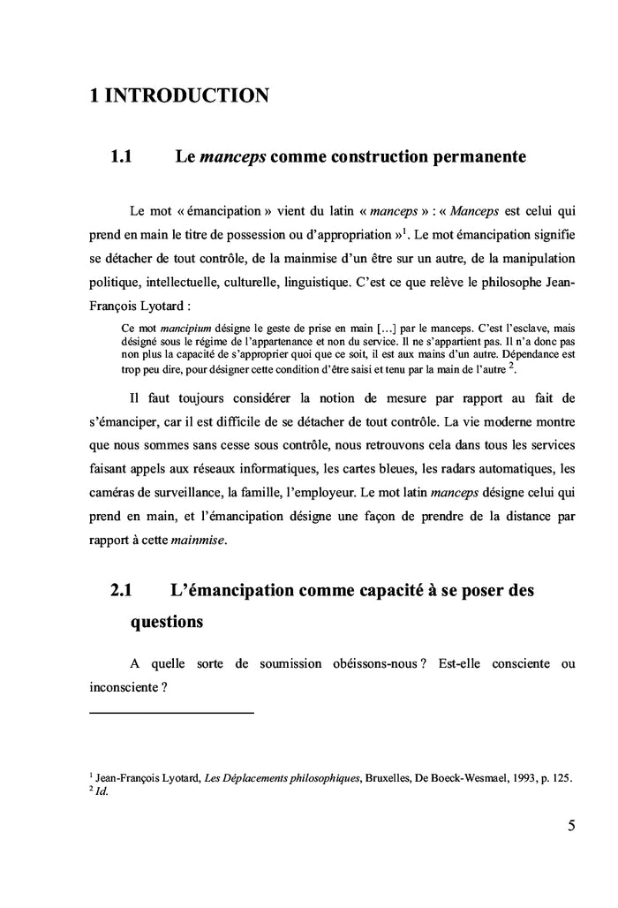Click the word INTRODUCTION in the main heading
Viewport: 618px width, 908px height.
tap(186, 95)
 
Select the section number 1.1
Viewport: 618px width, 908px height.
tap(120, 158)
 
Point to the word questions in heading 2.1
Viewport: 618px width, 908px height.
tap(167, 621)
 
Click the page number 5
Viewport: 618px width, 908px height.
tap(571, 826)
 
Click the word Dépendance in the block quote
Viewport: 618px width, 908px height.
tap(508, 353)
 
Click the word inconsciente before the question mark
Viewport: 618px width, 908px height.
tap(124, 686)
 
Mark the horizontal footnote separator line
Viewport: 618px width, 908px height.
tap(171, 712)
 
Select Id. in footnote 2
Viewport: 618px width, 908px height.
tap(101, 791)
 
